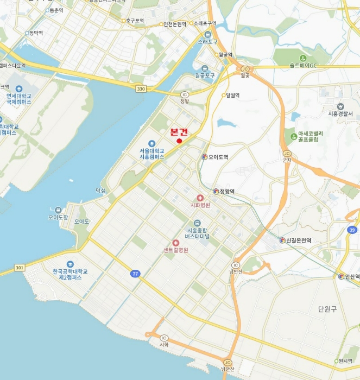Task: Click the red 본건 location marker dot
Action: click(x=179, y=142)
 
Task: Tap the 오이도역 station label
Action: click(x=218, y=157)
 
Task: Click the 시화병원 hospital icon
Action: click(x=200, y=198)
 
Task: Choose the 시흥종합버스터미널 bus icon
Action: click(x=197, y=223)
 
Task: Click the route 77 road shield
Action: click(x=135, y=274)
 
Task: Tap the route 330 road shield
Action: click(x=141, y=88)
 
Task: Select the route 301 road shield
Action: click(x=20, y=267)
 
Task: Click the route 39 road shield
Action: click(x=353, y=230)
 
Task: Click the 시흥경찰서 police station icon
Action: click(x=340, y=106)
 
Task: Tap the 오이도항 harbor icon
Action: click(x=58, y=210)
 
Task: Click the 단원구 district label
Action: click(x=327, y=309)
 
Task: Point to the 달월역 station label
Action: click(x=233, y=95)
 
